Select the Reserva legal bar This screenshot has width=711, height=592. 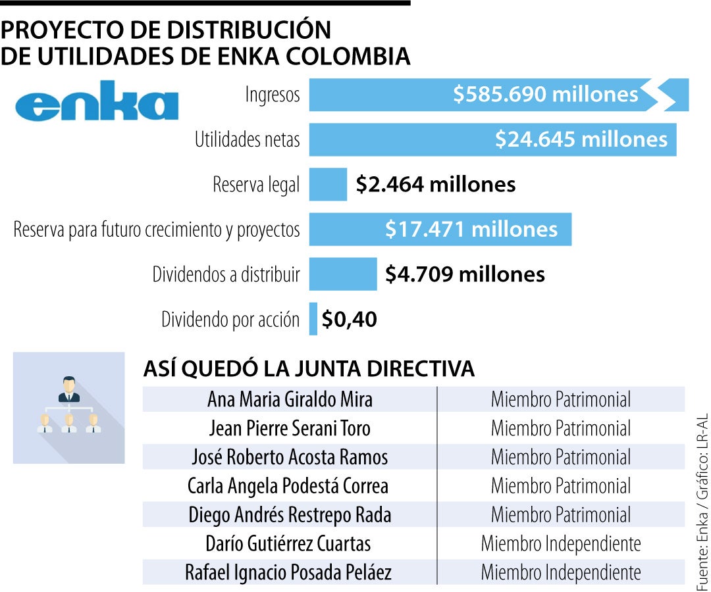(328, 184)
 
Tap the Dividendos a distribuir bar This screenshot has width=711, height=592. (343, 274)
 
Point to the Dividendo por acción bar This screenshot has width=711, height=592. (313, 319)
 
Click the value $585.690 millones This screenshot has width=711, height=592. (545, 95)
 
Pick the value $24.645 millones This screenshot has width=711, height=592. (581, 139)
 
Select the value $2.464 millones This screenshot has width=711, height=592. (435, 184)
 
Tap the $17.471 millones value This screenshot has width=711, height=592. (471, 229)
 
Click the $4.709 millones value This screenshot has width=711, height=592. (465, 274)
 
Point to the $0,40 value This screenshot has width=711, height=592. (349, 320)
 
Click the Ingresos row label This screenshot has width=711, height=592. (273, 95)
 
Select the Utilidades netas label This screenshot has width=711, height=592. (247, 139)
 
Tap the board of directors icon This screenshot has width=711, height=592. (68, 408)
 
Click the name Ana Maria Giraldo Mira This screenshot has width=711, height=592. (290, 399)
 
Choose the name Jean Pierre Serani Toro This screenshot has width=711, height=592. (290, 428)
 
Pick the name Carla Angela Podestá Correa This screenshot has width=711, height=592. (288, 486)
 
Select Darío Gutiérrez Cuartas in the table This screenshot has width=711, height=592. (288, 544)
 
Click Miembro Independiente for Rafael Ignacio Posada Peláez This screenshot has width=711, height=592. (561, 573)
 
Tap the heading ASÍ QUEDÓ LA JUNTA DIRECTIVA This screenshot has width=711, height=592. (309, 369)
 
